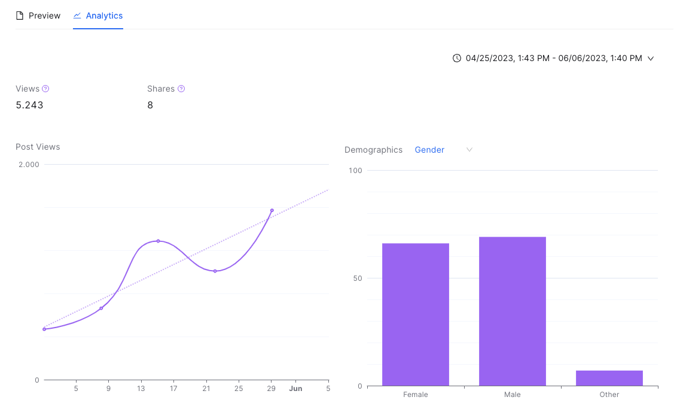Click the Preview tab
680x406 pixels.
(38, 16)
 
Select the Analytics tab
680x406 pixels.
(98, 16)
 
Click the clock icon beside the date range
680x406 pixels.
(457, 58)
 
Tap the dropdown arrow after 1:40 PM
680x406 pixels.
(651, 59)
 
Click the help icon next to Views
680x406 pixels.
(45, 89)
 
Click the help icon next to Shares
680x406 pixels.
(181, 89)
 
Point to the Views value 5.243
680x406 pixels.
(29, 105)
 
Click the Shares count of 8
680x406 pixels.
(150, 105)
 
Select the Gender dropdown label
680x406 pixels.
(429, 150)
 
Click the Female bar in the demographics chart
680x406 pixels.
(416, 314)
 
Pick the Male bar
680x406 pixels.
(512, 311)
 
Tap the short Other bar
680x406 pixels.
(609, 378)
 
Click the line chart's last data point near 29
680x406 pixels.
(272, 211)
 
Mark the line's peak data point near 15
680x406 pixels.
(158, 241)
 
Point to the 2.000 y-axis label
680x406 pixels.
(29, 165)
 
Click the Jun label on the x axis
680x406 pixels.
(296, 389)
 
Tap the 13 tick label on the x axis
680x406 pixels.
(141, 389)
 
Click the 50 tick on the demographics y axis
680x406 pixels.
(358, 278)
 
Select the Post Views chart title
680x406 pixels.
(38, 147)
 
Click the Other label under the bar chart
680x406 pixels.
(609, 395)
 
